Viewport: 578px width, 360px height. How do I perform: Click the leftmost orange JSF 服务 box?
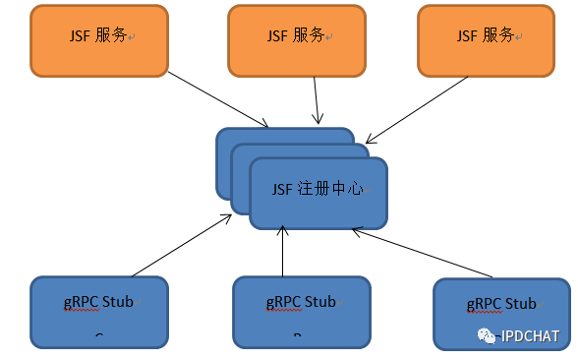[x=99, y=40]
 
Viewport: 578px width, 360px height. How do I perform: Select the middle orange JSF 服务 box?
[x=296, y=40]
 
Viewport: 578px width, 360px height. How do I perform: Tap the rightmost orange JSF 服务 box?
[x=486, y=40]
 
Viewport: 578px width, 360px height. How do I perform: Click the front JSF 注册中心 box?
[x=318, y=192]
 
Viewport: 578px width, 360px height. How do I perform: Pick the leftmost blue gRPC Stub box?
[x=98, y=311]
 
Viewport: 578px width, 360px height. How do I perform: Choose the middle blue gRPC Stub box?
[x=302, y=311]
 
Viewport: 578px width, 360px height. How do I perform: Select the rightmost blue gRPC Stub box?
[x=500, y=313]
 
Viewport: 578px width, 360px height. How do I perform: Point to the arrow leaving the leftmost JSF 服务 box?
[x=218, y=98]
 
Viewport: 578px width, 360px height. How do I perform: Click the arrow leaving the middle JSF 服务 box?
[x=317, y=98]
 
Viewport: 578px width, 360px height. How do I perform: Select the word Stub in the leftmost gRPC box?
[x=117, y=302]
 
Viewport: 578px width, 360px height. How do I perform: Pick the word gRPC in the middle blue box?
[x=282, y=302]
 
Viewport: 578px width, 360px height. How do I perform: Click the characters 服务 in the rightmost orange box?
[x=498, y=35]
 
